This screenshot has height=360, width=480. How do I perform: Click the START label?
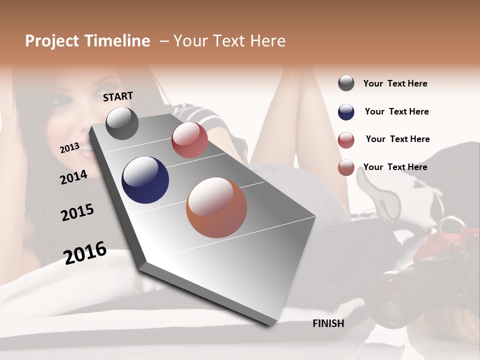click(x=118, y=96)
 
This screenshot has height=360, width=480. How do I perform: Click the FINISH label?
click(x=328, y=323)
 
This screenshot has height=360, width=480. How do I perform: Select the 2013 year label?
click(x=69, y=148)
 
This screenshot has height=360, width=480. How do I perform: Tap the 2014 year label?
click(x=73, y=177)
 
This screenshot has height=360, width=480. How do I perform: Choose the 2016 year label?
click(x=85, y=253)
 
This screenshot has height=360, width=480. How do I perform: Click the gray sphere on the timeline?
click(x=122, y=123)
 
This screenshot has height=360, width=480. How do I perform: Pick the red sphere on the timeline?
click(x=189, y=140)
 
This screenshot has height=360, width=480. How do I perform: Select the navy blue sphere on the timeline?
click(x=145, y=180)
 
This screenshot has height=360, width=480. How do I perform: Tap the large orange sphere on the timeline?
click(x=216, y=207)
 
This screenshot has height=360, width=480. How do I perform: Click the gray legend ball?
click(x=346, y=83)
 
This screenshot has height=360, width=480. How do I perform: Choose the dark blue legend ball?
click(x=346, y=112)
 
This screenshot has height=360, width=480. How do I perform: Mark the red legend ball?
click(x=346, y=140)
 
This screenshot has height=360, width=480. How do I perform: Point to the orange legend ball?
click(x=346, y=167)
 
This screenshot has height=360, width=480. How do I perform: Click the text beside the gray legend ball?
click(x=395, y=83)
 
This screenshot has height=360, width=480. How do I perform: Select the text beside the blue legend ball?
click(x=396, y=111)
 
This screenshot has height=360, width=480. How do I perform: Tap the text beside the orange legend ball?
click(x=395, y=167)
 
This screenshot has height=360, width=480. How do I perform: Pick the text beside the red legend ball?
click(x=397, y=139)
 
